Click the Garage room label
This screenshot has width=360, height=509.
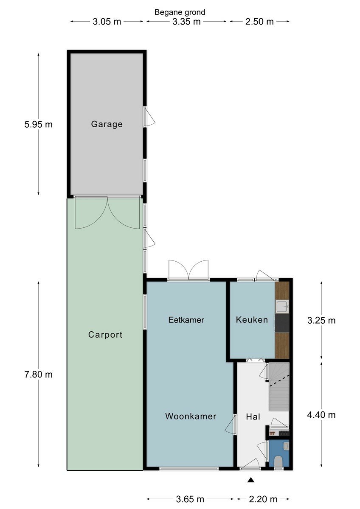(x=107, y=124)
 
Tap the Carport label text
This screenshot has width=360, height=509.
(x=105, y=335)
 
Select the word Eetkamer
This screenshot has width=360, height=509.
(x=186, y=320)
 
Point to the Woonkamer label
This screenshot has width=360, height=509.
(x=191, y=416)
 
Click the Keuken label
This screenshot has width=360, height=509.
(x=252, y=320)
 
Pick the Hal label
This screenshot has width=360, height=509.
(x=253, y=417)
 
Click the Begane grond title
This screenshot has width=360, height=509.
(x=180, y=12)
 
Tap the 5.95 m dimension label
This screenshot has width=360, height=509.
(x=39, y=125)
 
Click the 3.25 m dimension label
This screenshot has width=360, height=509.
(x=321, y=320)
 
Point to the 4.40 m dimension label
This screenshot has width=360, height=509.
(x=321, y=415)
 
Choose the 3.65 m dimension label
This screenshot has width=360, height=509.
(x=190, y=499)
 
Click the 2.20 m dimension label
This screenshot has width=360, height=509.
(x=263, y=499)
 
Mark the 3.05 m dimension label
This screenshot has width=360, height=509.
(x=107, y=22)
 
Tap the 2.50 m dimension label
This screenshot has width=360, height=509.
(x=259, y=22)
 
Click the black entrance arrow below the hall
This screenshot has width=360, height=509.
(x=251, y=480)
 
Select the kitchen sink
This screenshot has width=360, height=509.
(x=282, y=306)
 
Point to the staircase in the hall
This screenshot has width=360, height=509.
(x=279, y=386)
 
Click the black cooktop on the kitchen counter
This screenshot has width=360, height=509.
(x=282, y=323)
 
